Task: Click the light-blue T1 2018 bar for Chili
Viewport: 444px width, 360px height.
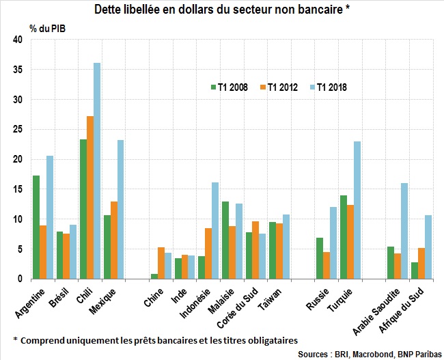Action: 97,171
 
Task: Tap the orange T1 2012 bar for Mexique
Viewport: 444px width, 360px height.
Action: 114,240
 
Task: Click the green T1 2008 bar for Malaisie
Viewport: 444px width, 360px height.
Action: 225,240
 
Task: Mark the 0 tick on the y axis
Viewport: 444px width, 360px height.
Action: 20,279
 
